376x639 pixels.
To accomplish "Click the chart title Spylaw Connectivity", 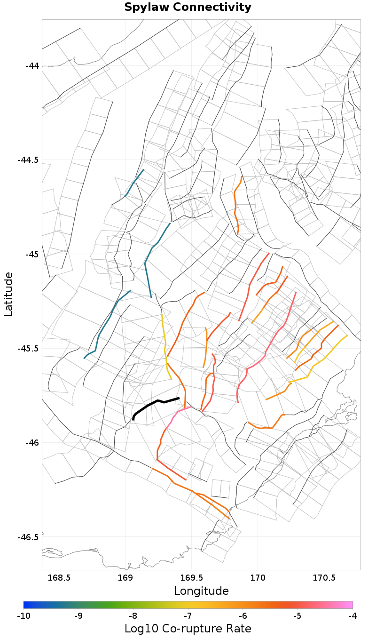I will [188, 8].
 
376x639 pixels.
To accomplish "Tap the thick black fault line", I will [155, 403].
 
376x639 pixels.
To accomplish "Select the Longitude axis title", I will [201, 591].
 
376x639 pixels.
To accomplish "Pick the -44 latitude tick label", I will [31, 66].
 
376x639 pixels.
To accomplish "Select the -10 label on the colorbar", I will [23, 615].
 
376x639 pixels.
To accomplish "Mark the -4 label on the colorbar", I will [352, 615].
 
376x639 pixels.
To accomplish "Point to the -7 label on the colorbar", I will [188, 615].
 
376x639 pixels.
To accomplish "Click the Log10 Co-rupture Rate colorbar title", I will [188, 629].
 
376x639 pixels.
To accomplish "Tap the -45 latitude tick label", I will [31, 254].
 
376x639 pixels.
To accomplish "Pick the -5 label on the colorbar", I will [298, 615].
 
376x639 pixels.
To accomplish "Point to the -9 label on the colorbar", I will [78, 615].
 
